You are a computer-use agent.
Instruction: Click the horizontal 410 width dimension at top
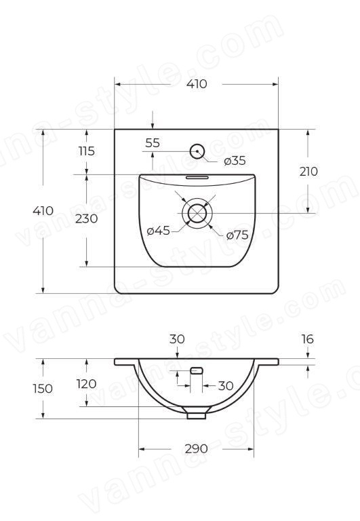coord(197,84)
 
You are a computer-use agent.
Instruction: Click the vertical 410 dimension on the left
coord(43,211)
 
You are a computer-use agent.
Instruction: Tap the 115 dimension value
coord(87,151)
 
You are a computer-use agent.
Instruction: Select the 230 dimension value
coord(86,218)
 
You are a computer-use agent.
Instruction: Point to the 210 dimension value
coord(308,172)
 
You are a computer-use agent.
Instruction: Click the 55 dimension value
coord(153,143)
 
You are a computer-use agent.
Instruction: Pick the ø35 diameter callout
coord(235,161)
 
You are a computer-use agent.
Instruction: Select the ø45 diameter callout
coord(159,230)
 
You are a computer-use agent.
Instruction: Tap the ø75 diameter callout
coord(237,235)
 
